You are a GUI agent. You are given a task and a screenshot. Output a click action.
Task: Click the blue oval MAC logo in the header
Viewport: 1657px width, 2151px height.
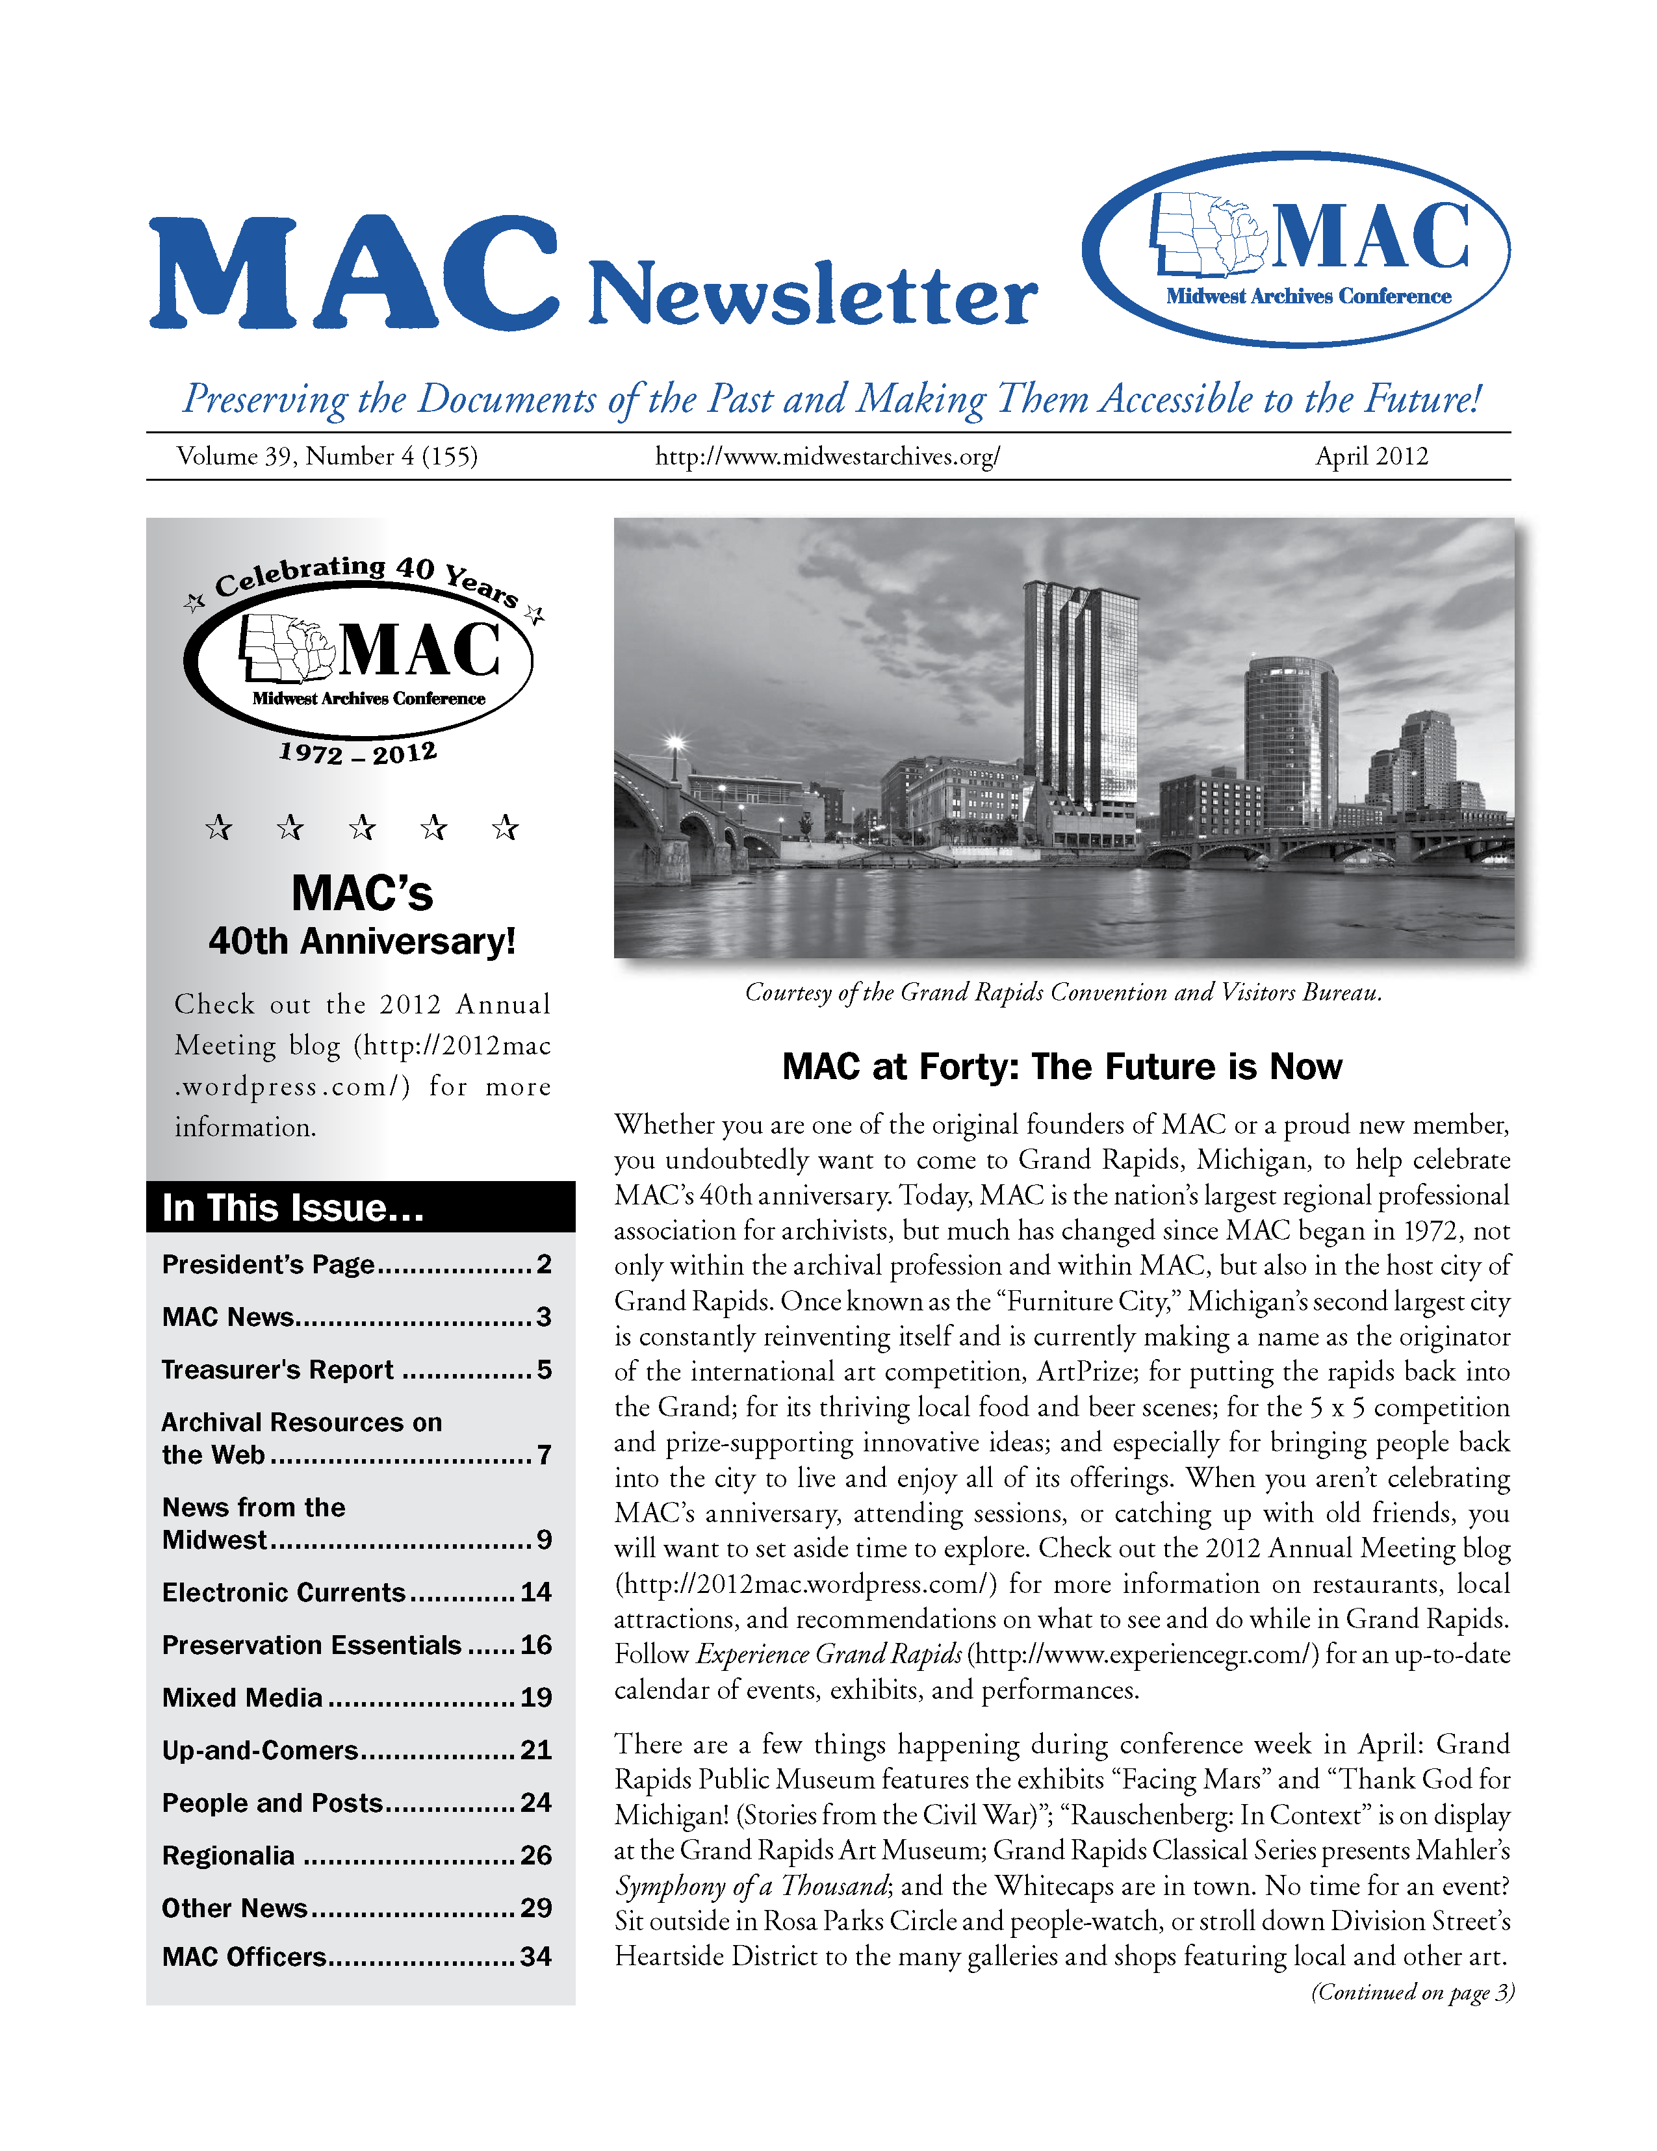(1296, 249)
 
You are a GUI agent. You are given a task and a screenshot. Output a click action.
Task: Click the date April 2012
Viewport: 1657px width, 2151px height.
(1370, 456)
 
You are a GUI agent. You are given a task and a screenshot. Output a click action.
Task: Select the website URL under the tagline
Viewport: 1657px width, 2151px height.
(827, 456)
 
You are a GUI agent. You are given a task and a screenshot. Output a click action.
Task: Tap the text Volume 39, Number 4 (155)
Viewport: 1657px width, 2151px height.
(327, 456)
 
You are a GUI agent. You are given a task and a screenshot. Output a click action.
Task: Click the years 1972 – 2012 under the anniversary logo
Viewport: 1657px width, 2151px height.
(357, 754)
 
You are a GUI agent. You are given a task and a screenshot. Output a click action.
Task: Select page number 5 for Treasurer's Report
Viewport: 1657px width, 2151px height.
(544, 1370)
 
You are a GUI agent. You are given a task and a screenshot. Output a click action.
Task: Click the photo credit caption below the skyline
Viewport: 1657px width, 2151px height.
(1063, 993)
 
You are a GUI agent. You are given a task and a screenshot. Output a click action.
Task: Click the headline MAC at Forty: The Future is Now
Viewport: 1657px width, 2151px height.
(1062, 1067)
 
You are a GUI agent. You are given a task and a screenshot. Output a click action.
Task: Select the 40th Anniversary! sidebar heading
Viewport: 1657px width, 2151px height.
(361, 941)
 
